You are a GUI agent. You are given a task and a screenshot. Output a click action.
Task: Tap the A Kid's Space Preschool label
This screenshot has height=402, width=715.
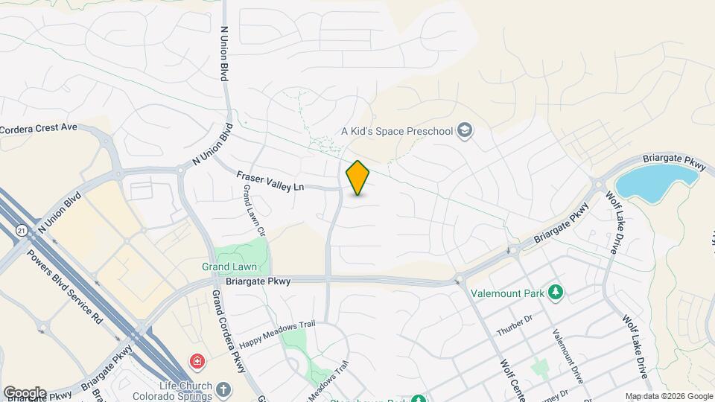click(x=397, y=132)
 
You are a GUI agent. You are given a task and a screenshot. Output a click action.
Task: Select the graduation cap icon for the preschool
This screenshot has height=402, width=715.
click(x=465, y=131)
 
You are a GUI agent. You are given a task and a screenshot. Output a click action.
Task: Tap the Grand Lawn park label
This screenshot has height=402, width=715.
click(x=229, y=267)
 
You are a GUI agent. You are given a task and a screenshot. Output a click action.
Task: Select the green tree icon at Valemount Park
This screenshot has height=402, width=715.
click(x=554, y=290)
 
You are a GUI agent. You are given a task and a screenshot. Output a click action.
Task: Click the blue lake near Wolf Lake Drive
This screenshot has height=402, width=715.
click(x=658, y=181)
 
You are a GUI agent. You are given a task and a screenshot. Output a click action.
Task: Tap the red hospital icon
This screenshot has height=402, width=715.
click(x=197, y=362)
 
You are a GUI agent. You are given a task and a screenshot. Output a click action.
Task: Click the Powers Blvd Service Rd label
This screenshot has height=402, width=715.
click(x=66, y=286)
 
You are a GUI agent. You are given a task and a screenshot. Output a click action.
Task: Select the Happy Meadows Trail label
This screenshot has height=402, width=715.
click(x=279, y=335)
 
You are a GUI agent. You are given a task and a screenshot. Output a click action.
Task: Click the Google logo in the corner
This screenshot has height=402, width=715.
click(x=25, y=393)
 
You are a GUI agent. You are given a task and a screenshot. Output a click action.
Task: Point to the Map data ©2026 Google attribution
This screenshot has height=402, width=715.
click(x=668, y=396)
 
